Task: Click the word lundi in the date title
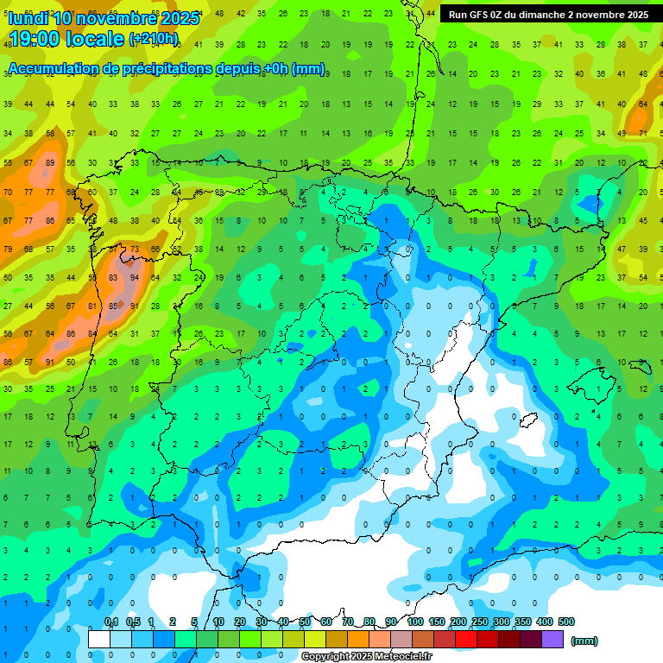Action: (x=28, y=17)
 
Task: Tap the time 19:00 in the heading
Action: (x=42, y=39)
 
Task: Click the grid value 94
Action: (x=135, y=278)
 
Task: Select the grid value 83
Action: (x=113, y=278)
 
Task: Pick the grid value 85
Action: (x=113, y=306)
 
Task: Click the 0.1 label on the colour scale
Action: (x=111, y=622)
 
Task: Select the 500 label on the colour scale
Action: (x=566, y=622)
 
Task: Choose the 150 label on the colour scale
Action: (x=436, y=622)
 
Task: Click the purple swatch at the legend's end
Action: (x=552, y=640)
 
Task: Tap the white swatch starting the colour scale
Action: (x=99, y=640)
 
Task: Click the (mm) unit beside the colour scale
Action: (x=584, y=641)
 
